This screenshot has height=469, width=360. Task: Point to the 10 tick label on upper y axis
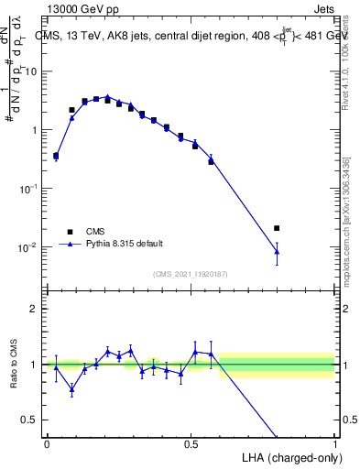tap(32, 71)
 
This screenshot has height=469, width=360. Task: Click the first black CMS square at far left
tap(56, 156)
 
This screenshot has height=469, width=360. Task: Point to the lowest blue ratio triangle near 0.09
tap(71, 389)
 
